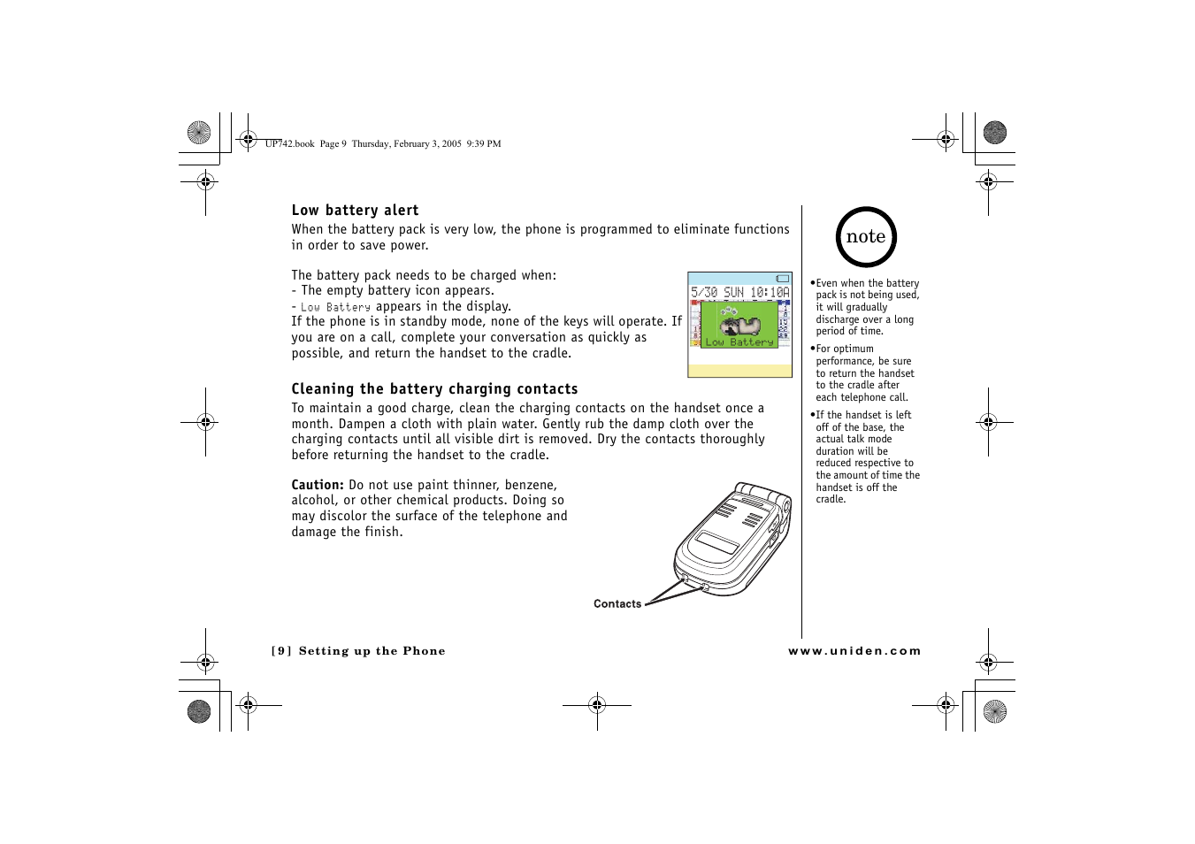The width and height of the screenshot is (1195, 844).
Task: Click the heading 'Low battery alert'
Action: [x=355, y=211]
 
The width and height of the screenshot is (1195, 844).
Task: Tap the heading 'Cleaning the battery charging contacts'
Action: [x=434, y=389]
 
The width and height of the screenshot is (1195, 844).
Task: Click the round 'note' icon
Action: [x=866, y=237]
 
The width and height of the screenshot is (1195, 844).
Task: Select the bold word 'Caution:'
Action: [x=318, y=485]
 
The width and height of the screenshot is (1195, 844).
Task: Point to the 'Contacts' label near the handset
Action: [x=617, y=604]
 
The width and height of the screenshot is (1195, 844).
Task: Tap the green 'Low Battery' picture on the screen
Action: [x=739, y=325]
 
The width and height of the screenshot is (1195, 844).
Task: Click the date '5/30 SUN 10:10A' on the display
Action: [x=739, y=292]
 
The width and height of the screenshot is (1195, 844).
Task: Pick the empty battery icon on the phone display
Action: [x=782, y=279]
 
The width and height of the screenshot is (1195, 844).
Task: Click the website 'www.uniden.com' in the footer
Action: [x=854, y=651]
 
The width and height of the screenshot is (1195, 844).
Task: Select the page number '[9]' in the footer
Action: [x=281, y=651]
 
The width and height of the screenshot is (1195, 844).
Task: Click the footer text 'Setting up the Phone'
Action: [x=372, y=651]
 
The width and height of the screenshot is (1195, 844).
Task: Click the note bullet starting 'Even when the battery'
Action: [x=866, y=307]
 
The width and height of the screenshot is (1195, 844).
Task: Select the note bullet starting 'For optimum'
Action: [x=864, y=373]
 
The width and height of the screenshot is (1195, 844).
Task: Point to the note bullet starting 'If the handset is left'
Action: [x=867, y=457]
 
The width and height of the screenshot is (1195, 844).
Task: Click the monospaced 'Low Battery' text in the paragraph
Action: [x=335, y=307]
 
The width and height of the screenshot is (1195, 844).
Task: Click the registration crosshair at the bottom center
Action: [x=597, y=705]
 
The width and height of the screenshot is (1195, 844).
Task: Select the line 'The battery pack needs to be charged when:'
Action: [x=424, y=275]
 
